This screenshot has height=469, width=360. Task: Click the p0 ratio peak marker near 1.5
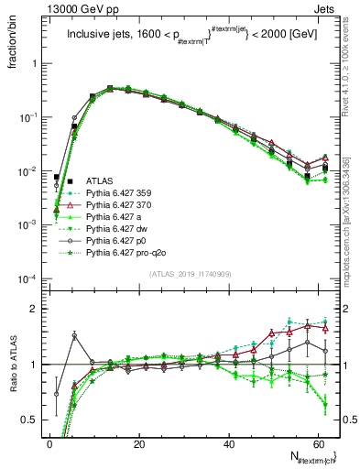74,335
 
